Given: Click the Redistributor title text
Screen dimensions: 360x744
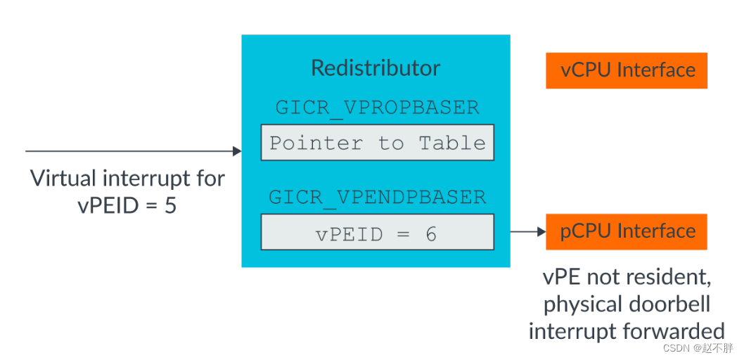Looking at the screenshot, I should coord(376,68).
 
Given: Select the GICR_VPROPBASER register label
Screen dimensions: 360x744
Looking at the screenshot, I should coord(377,108).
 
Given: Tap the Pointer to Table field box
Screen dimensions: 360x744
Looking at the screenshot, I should coord(377,143).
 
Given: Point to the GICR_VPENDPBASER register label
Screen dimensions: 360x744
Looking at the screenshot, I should coord(377,197).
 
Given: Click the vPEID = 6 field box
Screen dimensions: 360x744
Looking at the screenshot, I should coord(377,233).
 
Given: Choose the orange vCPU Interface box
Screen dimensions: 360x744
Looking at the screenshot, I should coord(627,70).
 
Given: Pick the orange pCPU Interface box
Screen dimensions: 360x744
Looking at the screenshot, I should coord(627,231).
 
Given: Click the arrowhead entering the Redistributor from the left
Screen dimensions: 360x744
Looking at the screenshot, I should coord(236,151).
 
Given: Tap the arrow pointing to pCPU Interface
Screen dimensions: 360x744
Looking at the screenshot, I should coord(527,231).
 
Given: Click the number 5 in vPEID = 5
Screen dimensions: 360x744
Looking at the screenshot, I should coord(170,207).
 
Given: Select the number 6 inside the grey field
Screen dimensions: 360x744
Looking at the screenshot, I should coord(430,233).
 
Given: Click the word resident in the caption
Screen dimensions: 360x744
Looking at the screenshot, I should coord(667,278).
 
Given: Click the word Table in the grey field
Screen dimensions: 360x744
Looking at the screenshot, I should coord(452,143).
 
